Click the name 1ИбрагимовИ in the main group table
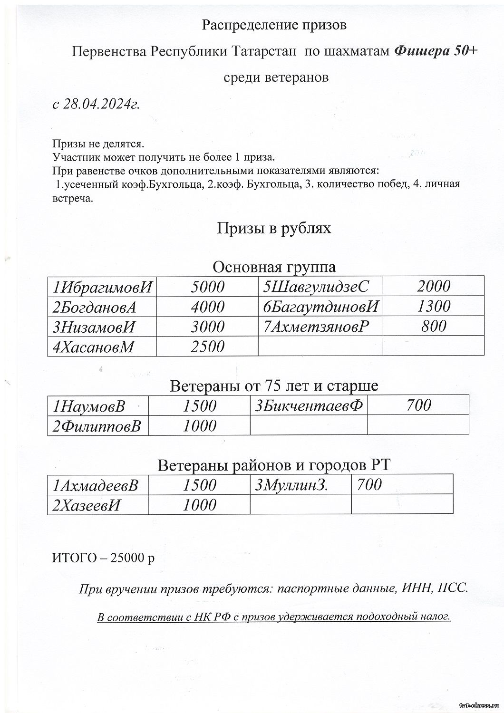tap(103, 287)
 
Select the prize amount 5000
tap(207, 287)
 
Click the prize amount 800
tap(434, 326)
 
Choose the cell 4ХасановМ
tap(93, 347)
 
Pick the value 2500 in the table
tap(207, 347)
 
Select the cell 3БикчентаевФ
tap(309, 405)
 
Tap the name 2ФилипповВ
tap(97, 426)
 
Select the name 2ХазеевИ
tap(87, 505)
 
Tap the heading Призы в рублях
tap(274, 229)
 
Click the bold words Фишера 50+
tap(435, 51)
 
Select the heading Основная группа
tap(274, 267)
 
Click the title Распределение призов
tap(274, 25)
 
